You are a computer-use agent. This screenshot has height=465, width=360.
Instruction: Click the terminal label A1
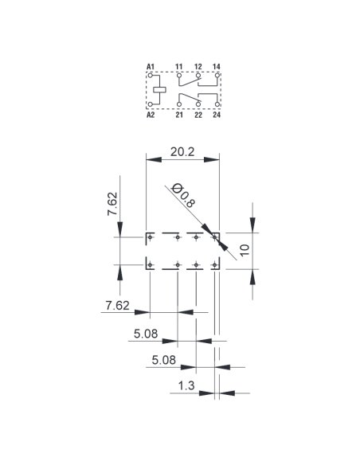pyautogui.click(x=151, y=67)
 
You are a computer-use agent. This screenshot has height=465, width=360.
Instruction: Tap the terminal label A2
pyautogui.click(x=151, y=115)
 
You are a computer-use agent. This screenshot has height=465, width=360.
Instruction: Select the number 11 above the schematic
pyautogui.click(x=178, y=67)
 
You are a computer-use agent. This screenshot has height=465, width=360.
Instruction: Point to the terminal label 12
pyautogui.click(x=198, y=67)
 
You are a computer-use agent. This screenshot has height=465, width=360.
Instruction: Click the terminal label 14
pyautogui.click(x=217, y=67)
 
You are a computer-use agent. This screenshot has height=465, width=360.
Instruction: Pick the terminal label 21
pyautogui.click(x=179, y=115)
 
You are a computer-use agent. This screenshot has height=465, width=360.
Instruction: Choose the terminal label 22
pyautogui.click(x=198, y=115)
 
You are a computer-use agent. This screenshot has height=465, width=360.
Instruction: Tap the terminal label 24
pyautogui.click(x=217, y=115)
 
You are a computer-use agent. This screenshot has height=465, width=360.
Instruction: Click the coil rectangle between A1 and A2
pyautogui.click(x=159, y=90)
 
